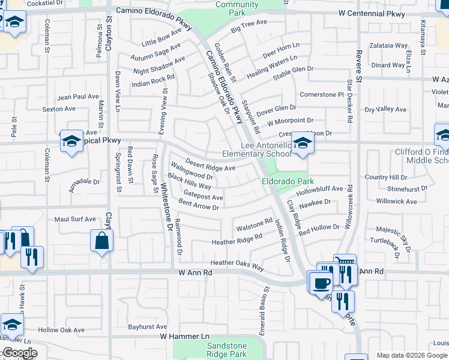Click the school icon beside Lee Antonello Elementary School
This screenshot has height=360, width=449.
[x=302, y=144]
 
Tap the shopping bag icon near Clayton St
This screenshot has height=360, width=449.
[x=101, y=241]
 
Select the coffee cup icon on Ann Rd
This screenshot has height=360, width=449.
[x=322, y=282]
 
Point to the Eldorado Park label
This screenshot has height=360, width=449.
[x=288, y=181]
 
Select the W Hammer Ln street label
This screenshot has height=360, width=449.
[x=184, y=337]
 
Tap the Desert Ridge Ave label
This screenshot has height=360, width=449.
[x=210, y=164]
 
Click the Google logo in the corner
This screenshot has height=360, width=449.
[x=19, y=353]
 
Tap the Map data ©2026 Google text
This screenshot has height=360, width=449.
[x=412, y=355]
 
